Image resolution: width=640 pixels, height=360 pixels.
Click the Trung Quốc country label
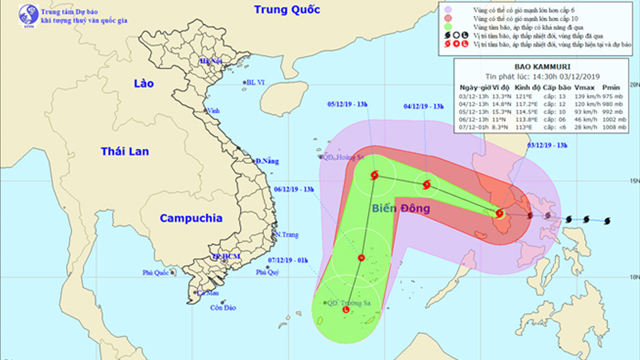click(287, 9)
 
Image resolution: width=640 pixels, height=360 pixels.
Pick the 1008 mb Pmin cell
click(614, 127)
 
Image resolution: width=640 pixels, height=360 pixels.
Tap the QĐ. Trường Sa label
click(348, 302)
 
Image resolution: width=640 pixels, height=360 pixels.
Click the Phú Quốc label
click(156, 272)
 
